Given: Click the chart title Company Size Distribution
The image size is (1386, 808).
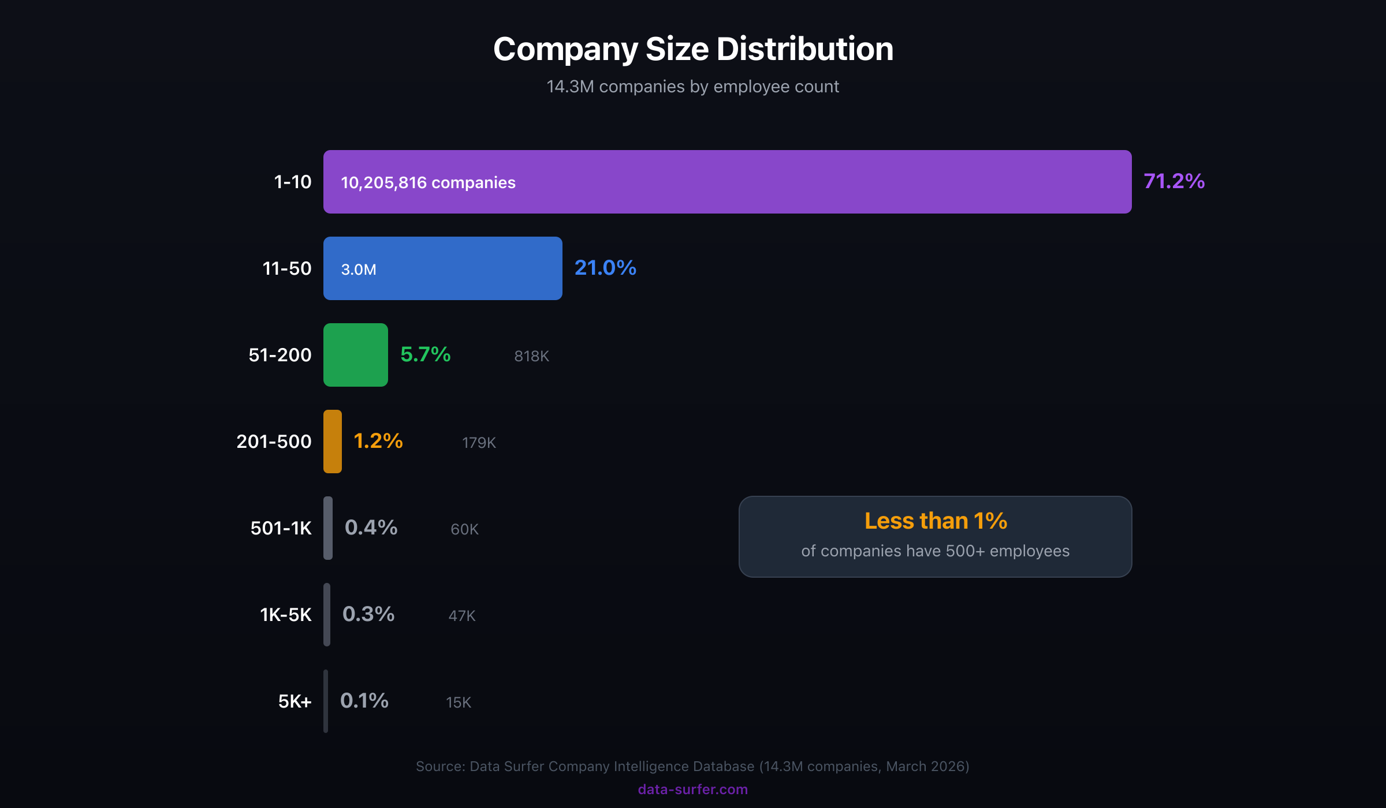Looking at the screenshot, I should pyautogui.click(x=693, y=49).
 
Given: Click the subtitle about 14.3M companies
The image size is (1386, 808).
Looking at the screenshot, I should pyautogui.click(x=692, y=87).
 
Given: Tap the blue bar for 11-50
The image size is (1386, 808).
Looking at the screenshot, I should pyautogui.click(x=462, y=268).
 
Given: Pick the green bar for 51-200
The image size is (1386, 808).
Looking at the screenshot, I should pyautogui.click(x=355, y=355).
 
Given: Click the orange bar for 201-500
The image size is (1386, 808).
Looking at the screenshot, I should pyautogui.click(x=332, y=442).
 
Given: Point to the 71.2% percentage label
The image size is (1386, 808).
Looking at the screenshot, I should pyautogui.click(x=1174, y=181).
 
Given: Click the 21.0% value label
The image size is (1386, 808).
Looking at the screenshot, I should pyautogui.click(x=605, y=268).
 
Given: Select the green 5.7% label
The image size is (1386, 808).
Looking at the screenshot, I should pyautogui.click(x=425, y=354).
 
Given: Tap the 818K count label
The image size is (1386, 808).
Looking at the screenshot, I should pyautogui.click(x=531, y=356).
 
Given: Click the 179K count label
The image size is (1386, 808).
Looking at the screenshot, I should pyautogui.click(x=479, y=443).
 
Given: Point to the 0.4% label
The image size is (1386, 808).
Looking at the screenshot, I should pyautogui.click(x=371, y=528).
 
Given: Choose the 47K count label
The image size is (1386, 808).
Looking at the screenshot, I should pyautogui.click(x=462, y=616).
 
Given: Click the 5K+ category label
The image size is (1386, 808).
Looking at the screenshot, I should pyautogui.click(x=295, y=701).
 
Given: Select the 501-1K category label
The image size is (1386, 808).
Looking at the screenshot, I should pyautogui.click(x=281, y=528).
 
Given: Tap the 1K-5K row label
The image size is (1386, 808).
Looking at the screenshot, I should pyautogui.click(x=285, y=615).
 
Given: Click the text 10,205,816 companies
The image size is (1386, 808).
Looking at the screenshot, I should pyautogui.click(x=428, y=183).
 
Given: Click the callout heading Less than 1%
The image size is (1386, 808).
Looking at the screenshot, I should pyautogui.click(x=936, y=521).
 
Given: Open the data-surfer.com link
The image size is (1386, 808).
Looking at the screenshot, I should pyautogui.click(x=692, y=790).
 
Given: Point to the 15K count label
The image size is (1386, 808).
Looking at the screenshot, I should pyautogui.click(x=459, y=702).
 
